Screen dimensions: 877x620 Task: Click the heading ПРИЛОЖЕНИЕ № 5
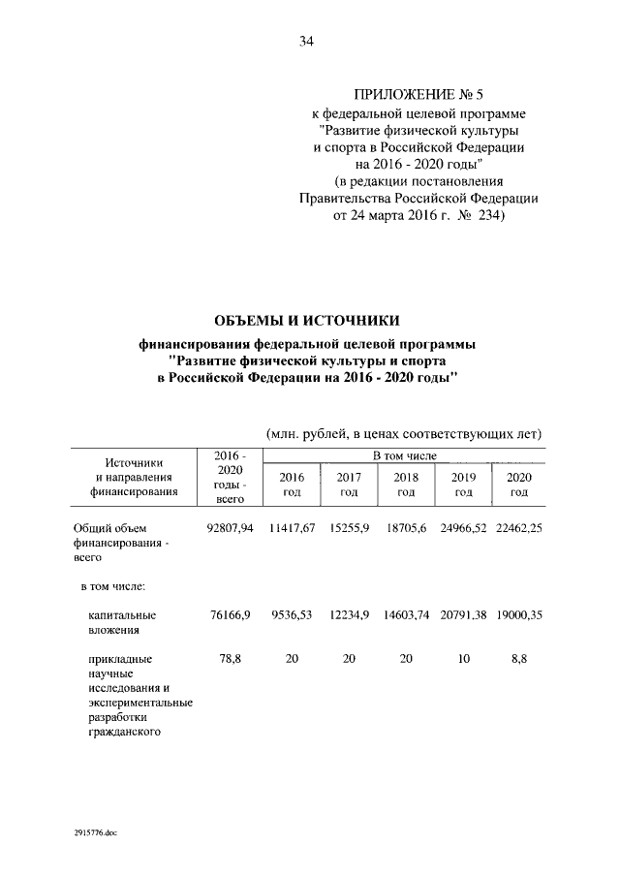coord(418,94)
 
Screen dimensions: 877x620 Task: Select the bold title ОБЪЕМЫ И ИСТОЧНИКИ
coord(306,321)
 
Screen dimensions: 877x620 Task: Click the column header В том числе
coord(405,455)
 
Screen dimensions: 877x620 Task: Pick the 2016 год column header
coord(291,485)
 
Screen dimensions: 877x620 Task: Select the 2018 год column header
coord(406,485)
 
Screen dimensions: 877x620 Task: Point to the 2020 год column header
coord(518,485)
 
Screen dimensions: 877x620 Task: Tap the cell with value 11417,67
coord(291,528)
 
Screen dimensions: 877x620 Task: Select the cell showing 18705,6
coord(406,528)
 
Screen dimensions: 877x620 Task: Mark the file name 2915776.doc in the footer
coord(94,833)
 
